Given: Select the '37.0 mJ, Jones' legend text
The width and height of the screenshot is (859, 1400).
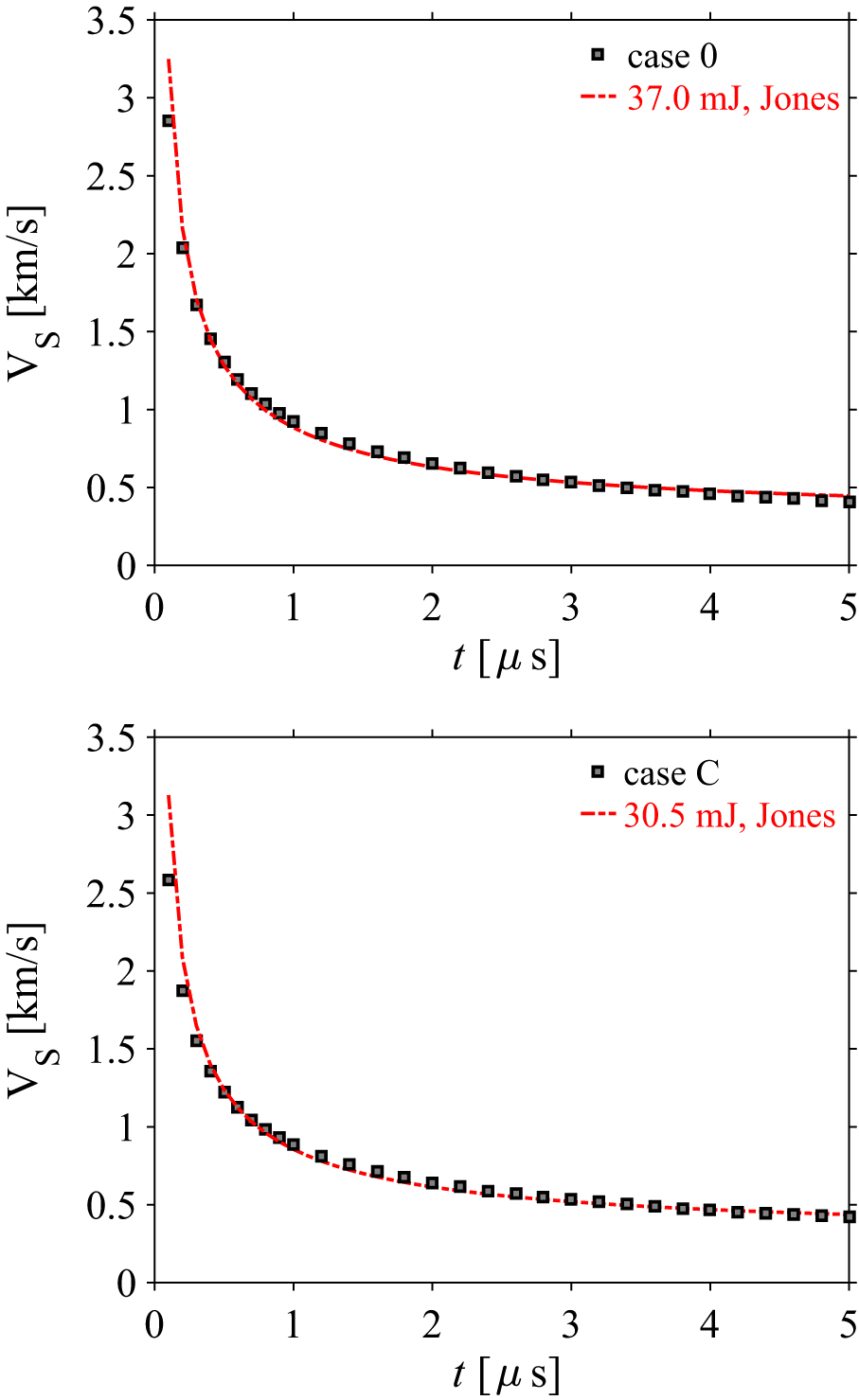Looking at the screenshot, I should [733, 98].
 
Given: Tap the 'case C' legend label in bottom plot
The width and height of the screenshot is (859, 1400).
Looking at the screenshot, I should [671, 773].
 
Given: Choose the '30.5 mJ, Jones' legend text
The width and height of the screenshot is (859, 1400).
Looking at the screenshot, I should [729, 816].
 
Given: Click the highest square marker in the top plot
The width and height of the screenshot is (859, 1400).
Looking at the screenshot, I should [169, 121].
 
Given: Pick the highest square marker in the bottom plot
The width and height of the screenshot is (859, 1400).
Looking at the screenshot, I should [169, 880].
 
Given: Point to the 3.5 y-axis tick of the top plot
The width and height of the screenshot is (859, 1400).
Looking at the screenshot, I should [112, 20].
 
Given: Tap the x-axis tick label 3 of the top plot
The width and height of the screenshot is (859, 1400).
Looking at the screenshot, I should [571, 607].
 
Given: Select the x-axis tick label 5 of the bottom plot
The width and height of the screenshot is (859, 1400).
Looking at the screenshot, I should [849, 1324].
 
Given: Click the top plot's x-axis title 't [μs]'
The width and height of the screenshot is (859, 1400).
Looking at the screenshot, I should [505, 656].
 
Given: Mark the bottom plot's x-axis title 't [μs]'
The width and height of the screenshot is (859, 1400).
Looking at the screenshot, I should [505, 1373].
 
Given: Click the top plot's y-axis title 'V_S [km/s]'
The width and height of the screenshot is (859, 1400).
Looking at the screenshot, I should [28, 292].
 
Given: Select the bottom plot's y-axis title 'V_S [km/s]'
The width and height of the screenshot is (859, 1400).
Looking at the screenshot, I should [28, 1009].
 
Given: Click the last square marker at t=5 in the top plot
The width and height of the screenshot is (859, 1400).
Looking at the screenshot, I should [850, 502].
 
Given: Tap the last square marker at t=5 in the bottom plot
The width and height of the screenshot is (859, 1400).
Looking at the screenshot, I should [850, 1217].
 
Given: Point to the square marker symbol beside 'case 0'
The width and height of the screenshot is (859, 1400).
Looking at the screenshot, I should [598, 56].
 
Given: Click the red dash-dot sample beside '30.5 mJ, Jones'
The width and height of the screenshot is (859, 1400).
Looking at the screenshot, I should [596, 816].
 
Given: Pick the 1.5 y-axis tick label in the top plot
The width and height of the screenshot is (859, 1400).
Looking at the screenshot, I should [112, 332].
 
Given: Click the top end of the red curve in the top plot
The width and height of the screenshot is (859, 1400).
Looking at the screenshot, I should [168, 60].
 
